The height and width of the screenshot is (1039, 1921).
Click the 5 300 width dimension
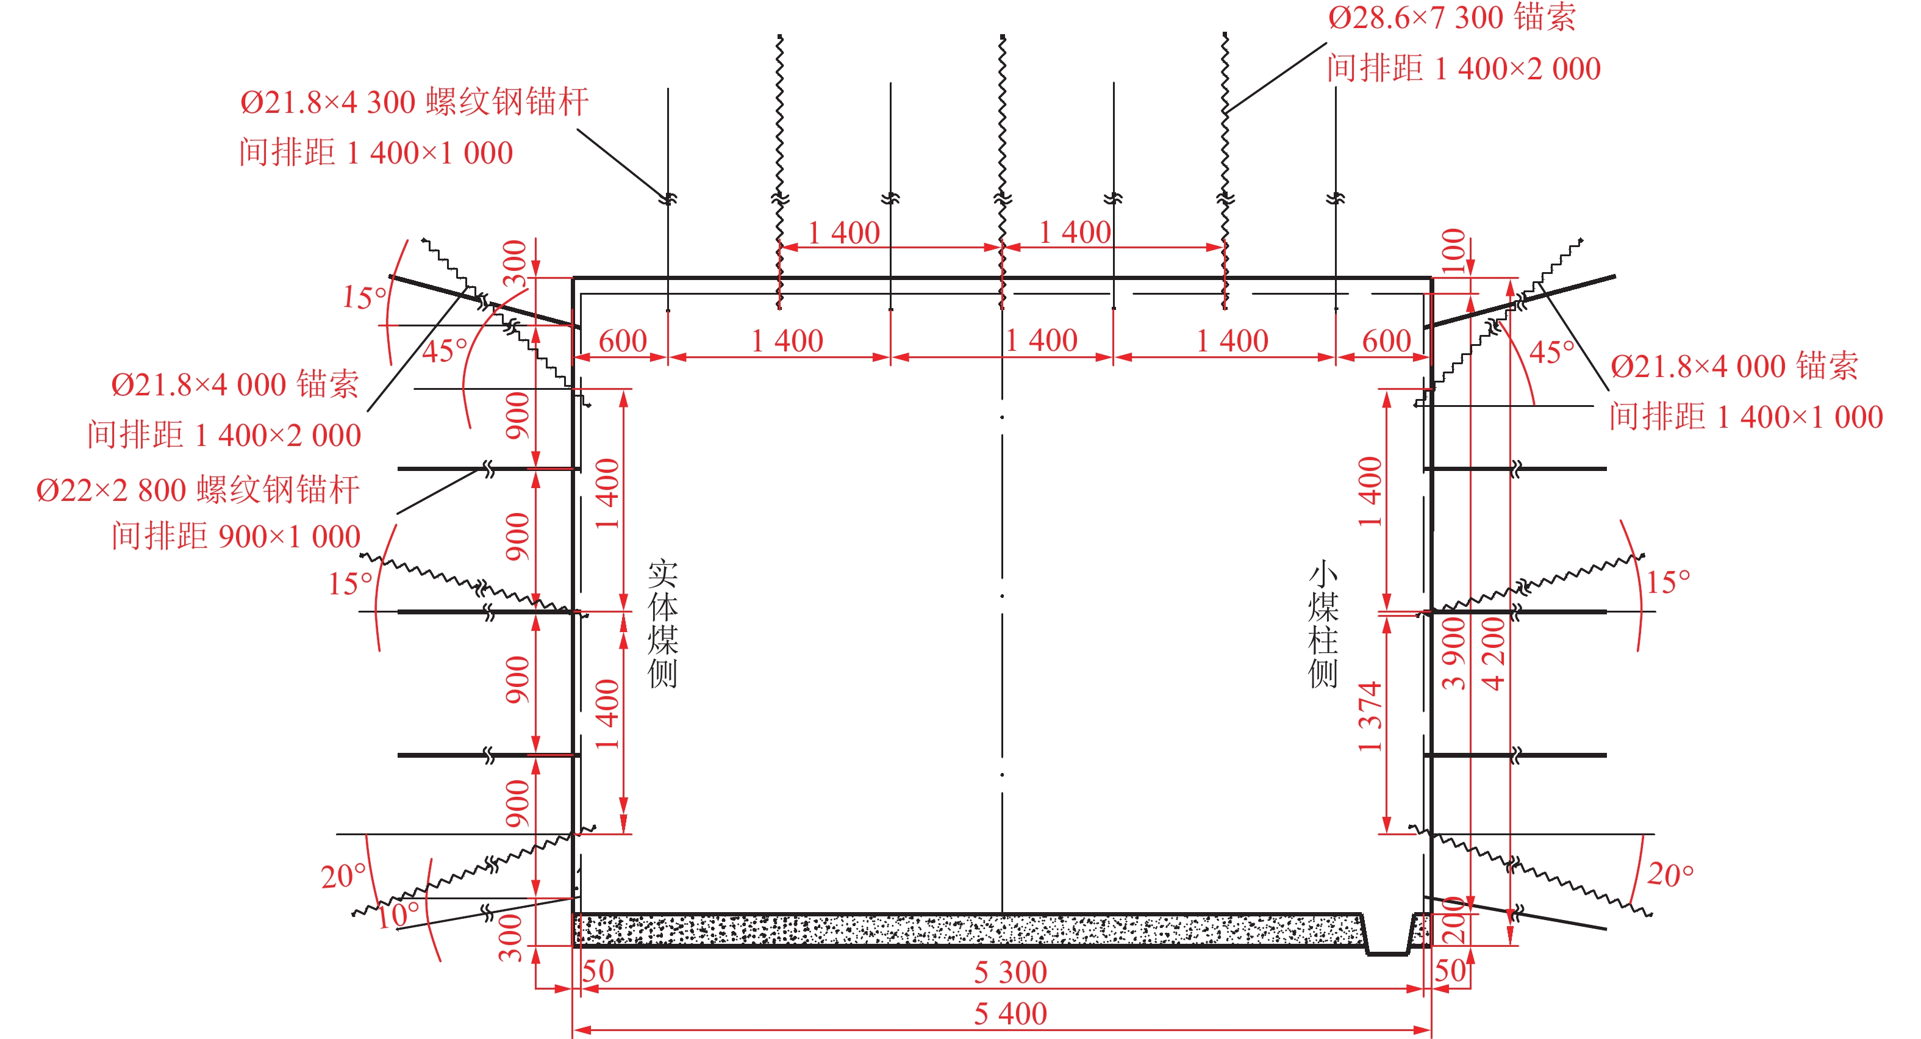coord(1010,972)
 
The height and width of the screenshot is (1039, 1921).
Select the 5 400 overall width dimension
coord(1010,1013)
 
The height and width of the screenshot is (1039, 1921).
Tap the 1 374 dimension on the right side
coord(1370,716)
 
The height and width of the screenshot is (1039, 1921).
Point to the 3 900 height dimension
coord(1453,653)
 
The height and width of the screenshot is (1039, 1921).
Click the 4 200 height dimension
coord(1494,653)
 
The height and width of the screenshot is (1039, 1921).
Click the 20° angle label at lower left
coord(343,875)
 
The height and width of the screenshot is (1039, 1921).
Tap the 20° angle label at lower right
coord(1670,874)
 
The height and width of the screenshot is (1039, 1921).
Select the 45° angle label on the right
coord(1551,352)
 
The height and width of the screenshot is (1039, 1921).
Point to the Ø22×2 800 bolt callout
coord(198,490)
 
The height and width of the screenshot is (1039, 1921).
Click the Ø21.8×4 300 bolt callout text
coord(414,102)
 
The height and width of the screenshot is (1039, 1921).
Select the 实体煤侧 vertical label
coord(662,624)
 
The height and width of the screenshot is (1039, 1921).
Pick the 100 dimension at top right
coord(1453,251)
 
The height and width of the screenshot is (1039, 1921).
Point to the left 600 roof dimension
coord(623,341)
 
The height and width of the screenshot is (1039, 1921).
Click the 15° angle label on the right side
coord(1667,582)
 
